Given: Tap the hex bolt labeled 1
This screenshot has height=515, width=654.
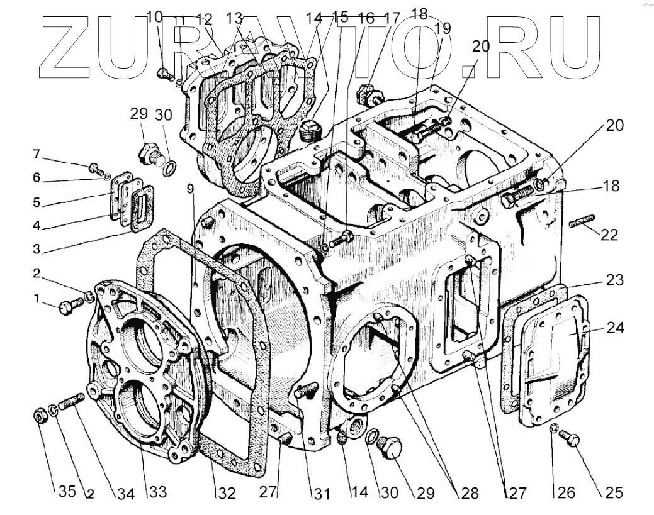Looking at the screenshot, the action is tap(69, 306).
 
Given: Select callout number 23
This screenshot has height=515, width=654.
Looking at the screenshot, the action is tap(614, 280).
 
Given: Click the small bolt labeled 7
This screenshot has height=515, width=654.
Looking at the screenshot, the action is tap(94, 168).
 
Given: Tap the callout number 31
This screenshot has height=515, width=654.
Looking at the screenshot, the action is tap(322, 494).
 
